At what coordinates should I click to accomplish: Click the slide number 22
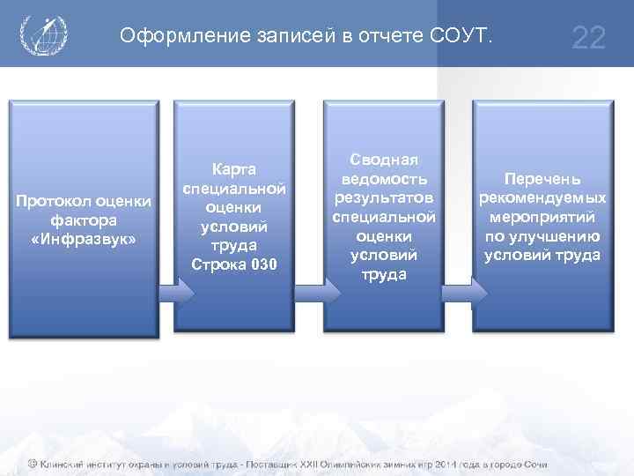point(588,38)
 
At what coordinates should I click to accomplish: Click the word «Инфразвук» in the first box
point(84,238)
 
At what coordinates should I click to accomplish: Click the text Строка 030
point(233,264)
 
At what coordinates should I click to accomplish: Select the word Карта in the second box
point(233,169)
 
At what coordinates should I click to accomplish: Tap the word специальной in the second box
point(233,189)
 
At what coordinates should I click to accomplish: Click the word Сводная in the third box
point(383,159)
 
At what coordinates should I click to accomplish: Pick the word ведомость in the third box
point(383,178)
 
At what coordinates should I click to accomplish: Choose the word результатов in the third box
point(383,197)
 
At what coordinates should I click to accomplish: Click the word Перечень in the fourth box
point(542,178)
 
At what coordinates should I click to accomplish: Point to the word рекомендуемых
point(542,197)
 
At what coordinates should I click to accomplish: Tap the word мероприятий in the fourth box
point(542,217)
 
